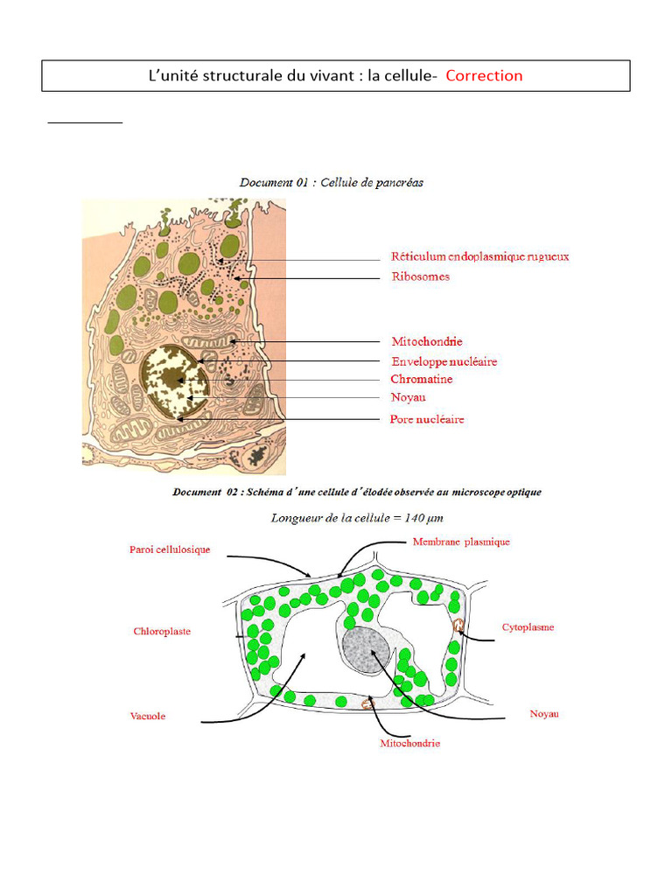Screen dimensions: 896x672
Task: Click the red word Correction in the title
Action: click(484, 75)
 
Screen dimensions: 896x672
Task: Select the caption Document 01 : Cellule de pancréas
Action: click(332, 183)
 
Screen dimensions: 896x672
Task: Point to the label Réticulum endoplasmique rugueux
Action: click(479, 256)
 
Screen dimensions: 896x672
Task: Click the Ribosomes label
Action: click(420, 276)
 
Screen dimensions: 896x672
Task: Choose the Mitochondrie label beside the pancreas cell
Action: click(427, 341)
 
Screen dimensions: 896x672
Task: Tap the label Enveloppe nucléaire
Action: click(444, 361)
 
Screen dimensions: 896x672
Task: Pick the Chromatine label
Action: click(421, 380)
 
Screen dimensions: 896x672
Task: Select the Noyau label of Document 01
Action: click(408, 397)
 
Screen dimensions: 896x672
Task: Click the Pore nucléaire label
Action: click(427, 419)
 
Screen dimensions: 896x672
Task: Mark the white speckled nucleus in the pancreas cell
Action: click(175, 381)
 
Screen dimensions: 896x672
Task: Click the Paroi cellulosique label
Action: click(164, 549)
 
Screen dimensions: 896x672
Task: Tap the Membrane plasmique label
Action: click(460, 542)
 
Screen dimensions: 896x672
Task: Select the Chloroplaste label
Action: click(162, 631)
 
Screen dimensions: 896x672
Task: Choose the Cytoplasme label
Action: click(528, 627)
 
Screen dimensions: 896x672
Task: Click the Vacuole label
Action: click(148, 716)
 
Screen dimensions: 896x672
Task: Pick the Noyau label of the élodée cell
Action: click(543, 714)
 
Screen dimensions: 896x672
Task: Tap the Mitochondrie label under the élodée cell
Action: click(409, 744)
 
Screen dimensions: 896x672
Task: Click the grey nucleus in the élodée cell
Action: click(366, 650)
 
